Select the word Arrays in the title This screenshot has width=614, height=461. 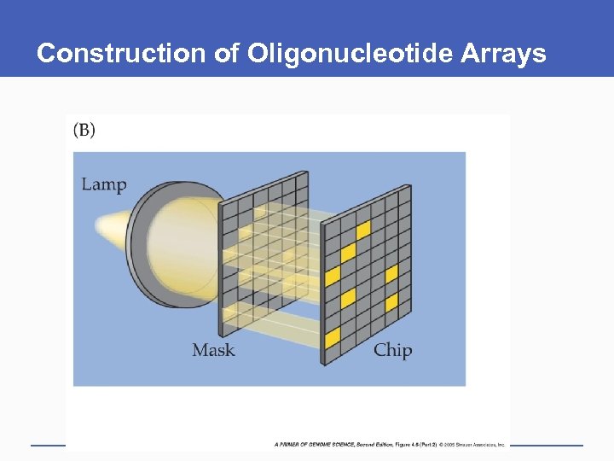tap(503, 54)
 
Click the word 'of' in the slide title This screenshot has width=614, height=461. tap(227, 54)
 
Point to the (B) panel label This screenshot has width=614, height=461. tap(84, 130)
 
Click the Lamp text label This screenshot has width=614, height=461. tap(104, 184)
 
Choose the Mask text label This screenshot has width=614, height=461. tap(213, 350)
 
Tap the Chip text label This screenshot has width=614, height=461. tap(392, 350)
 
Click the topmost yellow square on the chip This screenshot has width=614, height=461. tap(363, 230)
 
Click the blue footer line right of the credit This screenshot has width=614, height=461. tap(546, 445)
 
